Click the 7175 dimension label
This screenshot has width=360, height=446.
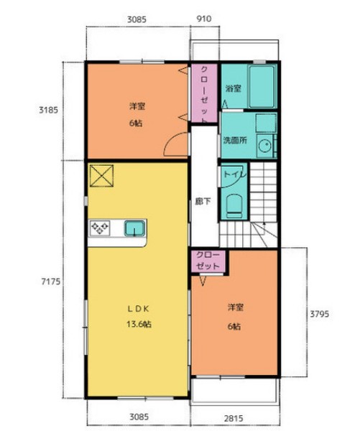pos(51,282)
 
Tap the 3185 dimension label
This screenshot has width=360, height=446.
pos(48,110)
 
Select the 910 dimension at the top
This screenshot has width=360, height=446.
pos(204,19)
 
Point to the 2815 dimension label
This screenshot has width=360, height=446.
pos(234,419)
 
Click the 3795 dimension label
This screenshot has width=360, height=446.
pos(319,314)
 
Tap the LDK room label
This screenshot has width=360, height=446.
pos(138,309)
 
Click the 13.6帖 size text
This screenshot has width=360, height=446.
pos(139,324)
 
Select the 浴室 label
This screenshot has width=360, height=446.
pos(234,89)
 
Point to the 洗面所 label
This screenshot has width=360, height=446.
pos(235,140)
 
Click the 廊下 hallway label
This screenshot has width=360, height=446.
pos(203,201)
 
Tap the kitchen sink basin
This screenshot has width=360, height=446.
pos(134,228)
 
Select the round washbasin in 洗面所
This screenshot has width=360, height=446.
pos(264,147)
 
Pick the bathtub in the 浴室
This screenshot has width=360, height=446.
pos(262,86)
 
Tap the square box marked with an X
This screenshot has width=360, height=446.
pos(101,175)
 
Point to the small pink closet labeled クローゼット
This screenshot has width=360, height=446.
pos(208,261)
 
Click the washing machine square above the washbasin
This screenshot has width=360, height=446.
pos(266,123)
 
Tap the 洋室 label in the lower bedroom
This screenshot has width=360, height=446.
pos(236,307)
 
